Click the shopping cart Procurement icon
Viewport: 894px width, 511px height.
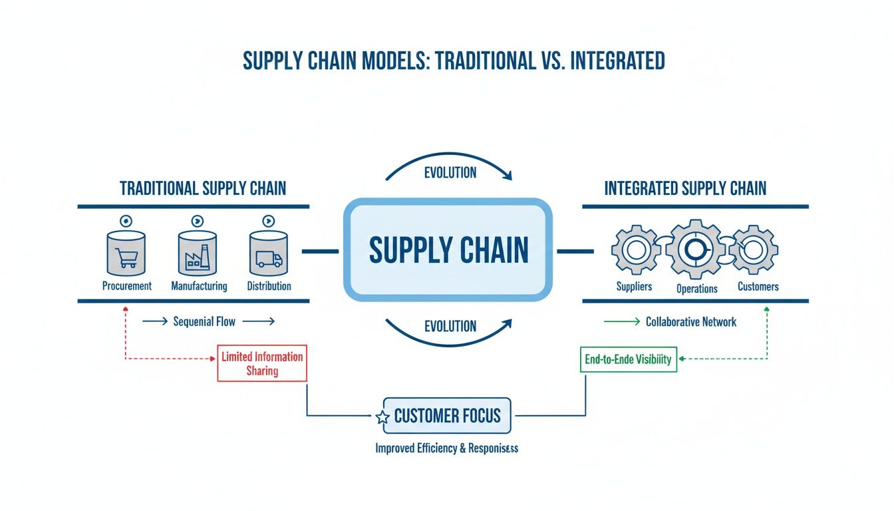(x=126, y=254)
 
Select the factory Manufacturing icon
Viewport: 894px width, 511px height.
(x=198, y=254)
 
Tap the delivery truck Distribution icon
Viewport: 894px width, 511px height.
(x=269, y=254)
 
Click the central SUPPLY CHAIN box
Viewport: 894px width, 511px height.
(x=448, y=250)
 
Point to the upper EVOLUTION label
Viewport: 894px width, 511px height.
(x=450, y=172)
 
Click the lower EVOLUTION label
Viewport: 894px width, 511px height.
(x=450, y=326)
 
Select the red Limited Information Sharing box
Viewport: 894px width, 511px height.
(x=262, y=363)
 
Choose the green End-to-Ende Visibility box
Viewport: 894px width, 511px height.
(x=628, y=359)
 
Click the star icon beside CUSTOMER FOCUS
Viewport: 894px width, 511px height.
(x=382, y=418)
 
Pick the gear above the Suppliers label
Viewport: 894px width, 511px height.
(x=635, y=250)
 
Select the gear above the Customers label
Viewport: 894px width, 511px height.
(x=754, y=250)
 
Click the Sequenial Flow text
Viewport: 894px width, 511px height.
(x=204, y=321)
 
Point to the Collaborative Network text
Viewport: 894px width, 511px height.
(x=690, y=321)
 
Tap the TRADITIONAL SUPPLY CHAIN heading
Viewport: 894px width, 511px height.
(x=203, y=188)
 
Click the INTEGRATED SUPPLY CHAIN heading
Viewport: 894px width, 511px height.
(x=685, y=188)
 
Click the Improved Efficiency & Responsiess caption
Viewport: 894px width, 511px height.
(x=446, y=448)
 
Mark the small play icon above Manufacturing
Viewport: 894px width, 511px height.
(x=198, y=221)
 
